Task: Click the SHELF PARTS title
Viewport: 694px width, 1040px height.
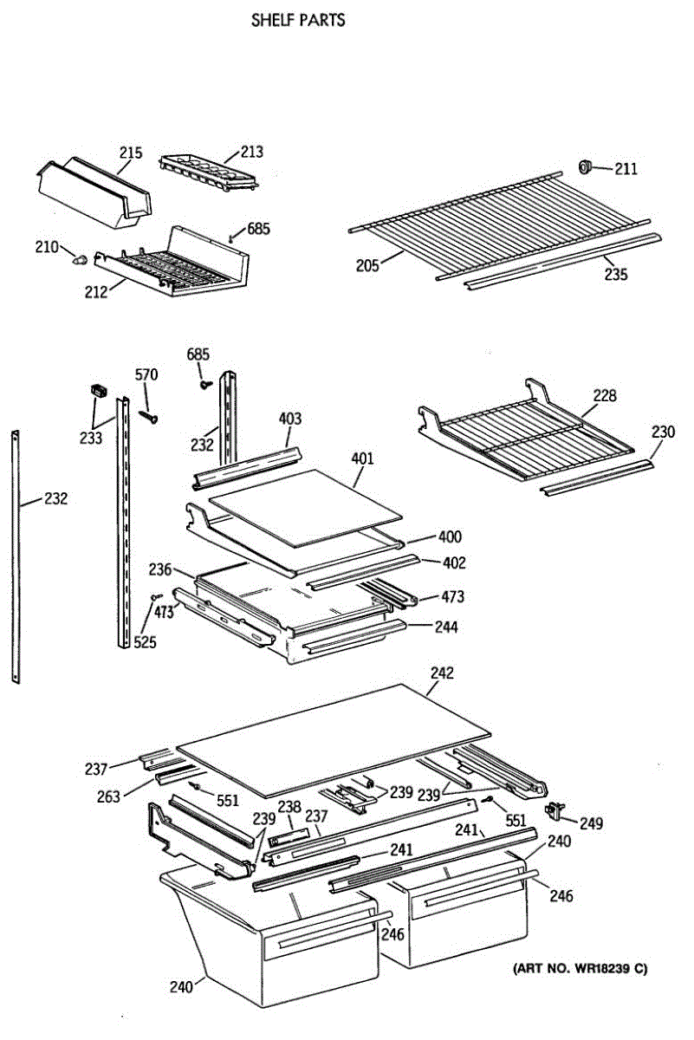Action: pyautogui.click(x=298, y=20)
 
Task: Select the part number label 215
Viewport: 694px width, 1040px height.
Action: pyautogui.click(x=130, y=153)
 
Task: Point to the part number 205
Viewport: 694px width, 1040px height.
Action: pyautogui.click(x=366, y=265)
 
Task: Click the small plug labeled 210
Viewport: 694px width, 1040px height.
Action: pyautogui.click(x=80, y=257)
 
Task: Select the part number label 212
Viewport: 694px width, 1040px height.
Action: pyautogui.click(x=95, y=292)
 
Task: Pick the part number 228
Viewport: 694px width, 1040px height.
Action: pyautogui.click(x=605, y=396)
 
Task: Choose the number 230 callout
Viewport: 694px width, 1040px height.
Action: pyautogui.click(x=663, y=431)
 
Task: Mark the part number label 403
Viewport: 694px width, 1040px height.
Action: pyautogui.click(x=290, y=419)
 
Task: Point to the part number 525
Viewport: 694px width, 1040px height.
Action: pyautogui.click(x=145, y=641)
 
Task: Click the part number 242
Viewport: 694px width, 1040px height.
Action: pyautogui.click(x=441, y=673)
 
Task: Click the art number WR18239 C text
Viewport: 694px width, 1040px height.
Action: pyautogui.click(x=580, y=968)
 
